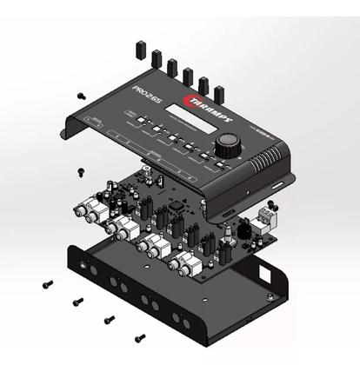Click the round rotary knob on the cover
click(227, 143)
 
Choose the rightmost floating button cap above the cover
click(219, 92)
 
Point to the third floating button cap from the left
click(172, 67)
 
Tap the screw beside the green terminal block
click(272, 205)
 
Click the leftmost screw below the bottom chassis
click(49, 283)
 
